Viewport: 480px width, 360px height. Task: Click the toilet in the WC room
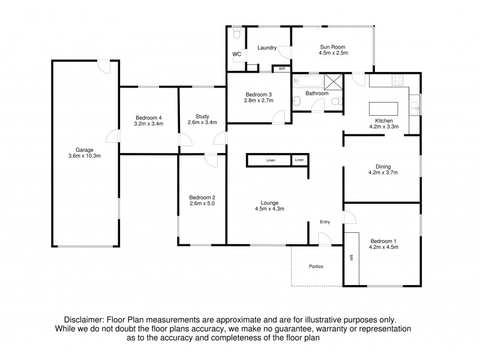click(237, 35)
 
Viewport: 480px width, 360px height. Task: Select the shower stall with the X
click(332, 80)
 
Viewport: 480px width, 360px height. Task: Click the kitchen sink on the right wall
click(415, 107)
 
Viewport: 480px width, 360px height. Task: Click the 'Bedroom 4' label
click(149, 117)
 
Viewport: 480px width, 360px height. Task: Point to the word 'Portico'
click(316, 266)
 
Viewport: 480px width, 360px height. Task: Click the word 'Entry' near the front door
click(325, 222)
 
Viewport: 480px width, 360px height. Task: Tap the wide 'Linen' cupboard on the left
click(268, 160)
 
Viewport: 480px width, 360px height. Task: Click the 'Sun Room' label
click(334, 46)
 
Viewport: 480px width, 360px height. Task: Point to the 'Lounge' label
click(269, 203)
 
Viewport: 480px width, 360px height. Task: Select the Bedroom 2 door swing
click(211, 160)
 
